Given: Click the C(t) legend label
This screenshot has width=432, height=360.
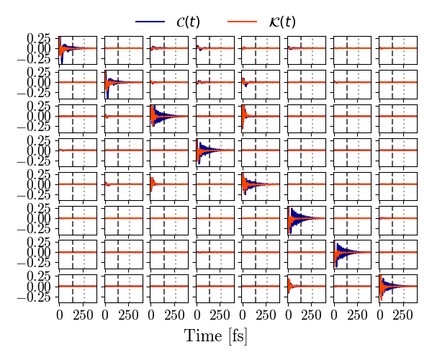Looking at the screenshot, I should (188, 22).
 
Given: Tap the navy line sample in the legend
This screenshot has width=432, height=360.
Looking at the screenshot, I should (150, 22).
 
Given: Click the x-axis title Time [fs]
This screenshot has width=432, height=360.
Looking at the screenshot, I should (216, 336).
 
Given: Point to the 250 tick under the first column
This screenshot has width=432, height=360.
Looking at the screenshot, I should (83, 315).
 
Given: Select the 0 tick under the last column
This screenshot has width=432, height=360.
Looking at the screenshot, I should (379, 315).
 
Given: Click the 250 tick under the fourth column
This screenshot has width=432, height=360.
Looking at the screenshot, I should (220, 315).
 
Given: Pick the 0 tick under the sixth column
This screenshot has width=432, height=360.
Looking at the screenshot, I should (287, 315).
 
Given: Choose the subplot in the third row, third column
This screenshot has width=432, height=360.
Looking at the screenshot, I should (169, 116).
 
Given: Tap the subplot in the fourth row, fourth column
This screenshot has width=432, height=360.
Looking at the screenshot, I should (215, 150).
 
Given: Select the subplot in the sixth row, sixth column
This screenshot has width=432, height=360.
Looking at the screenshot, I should (306, 218).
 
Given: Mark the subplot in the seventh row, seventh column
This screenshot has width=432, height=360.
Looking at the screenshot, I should (352, 252).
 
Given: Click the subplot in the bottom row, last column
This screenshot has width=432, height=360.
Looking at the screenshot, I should (397, 287).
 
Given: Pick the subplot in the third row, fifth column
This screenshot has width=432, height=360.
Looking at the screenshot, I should (261, 116).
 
